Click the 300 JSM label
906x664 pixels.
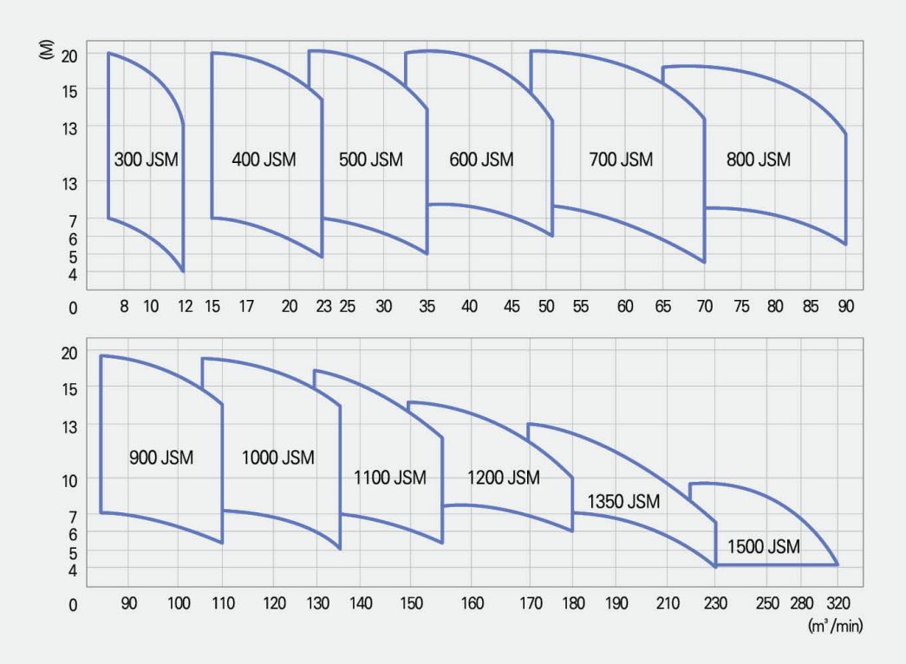pyautogui.click(x=146, y=159)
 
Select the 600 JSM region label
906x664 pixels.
pyautogui.click(x=481, y=159)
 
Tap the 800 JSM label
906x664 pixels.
pyautogui.click(x=759, y=159)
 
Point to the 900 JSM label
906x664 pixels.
pyautogui.click(x=161, y=457)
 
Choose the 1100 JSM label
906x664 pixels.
pyautogui.click(x=390, y=478)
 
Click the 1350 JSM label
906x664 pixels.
pyautogui.click(x=623, y=502)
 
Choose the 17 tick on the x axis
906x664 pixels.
pyautogui.click(x=246, y=306)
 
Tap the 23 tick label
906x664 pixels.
pyautogui.click(x=323, y=306)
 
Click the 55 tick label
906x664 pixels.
pyautogui.click(x=580, y=306)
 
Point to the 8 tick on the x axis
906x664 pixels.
pyautogui.click(x=124, y=306)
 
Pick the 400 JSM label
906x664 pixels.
pyautogui.click(x=264, y=159)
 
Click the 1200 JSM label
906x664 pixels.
pyautogui.click(x=503, y=478)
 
